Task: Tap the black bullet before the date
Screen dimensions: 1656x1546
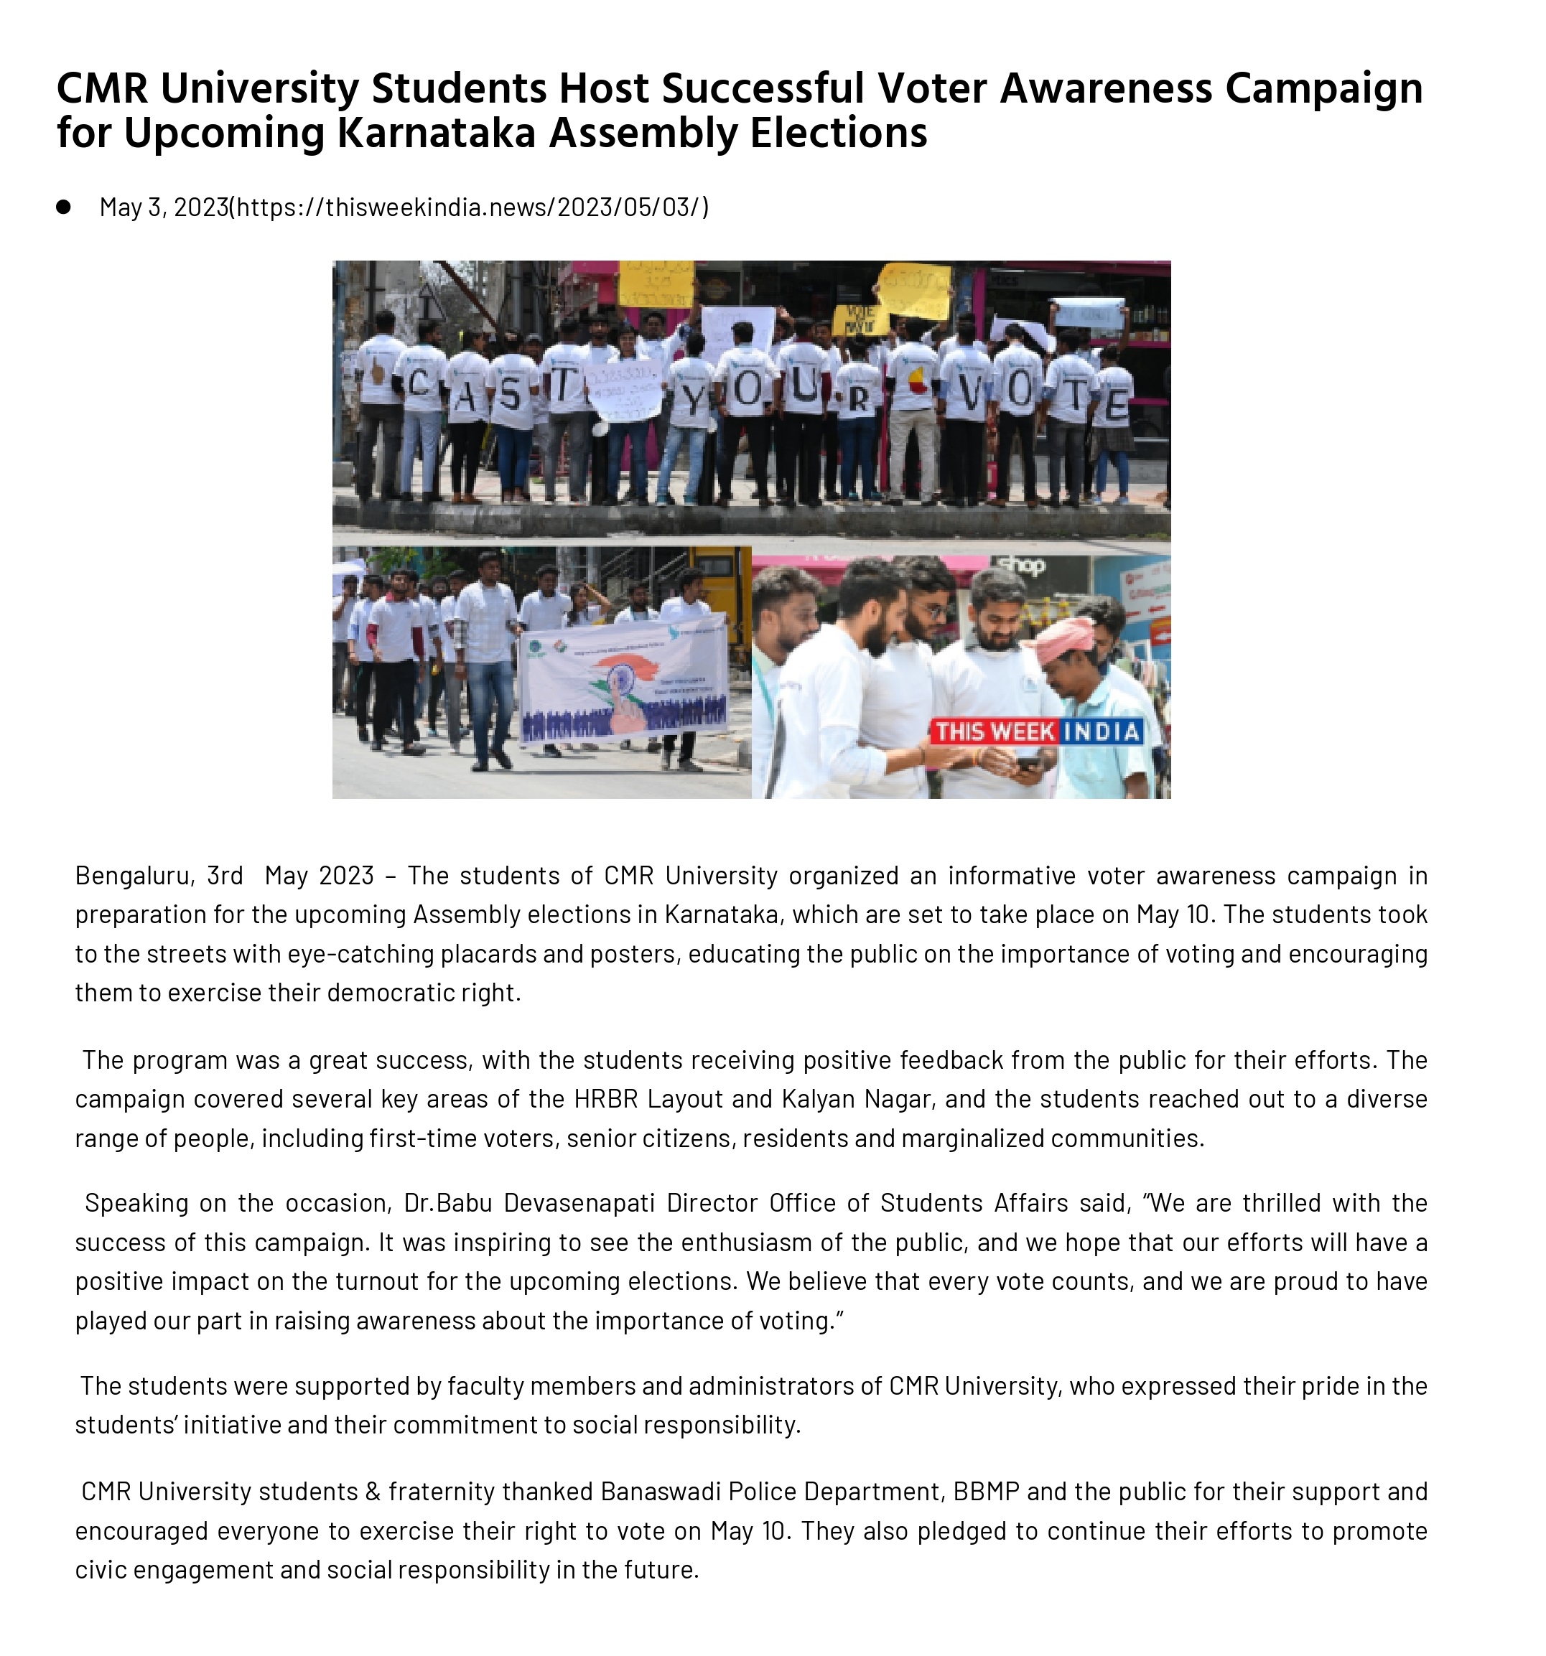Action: click(x=63, y=207)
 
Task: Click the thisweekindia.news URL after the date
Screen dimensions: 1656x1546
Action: click(x=472, y=207)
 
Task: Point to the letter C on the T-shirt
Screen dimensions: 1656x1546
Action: click(x=419, y=384)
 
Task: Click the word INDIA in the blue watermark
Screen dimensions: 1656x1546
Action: click(x=1102, y=732)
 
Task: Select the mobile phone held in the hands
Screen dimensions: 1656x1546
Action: click(x=1028, y=762)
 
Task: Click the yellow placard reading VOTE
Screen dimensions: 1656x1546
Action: click(x=860, y=319)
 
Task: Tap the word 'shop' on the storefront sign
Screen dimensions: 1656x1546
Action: click(x=1022, y=566)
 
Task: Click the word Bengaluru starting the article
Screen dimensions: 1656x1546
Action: click(x=134, y=876)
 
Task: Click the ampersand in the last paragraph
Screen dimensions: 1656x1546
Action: click(x=373, y=1491)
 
